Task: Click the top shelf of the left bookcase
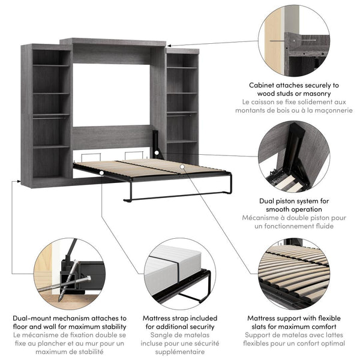(x=52, y=65)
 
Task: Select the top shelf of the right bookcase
(x=181, y=67)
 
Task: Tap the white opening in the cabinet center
(x=112, y=94)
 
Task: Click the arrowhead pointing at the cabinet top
(x=170, y=45)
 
